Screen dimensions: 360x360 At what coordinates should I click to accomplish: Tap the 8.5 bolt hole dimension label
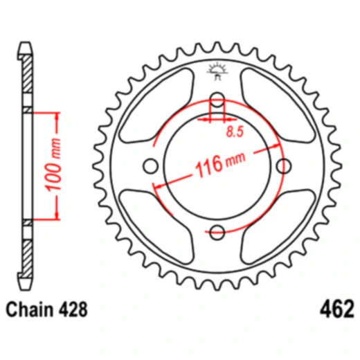point(234,129)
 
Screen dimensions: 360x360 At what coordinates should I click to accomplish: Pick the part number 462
point(337,308)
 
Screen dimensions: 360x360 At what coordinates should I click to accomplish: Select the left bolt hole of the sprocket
point(150,165)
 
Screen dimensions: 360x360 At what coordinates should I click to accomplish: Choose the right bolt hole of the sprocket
point(283,165)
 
